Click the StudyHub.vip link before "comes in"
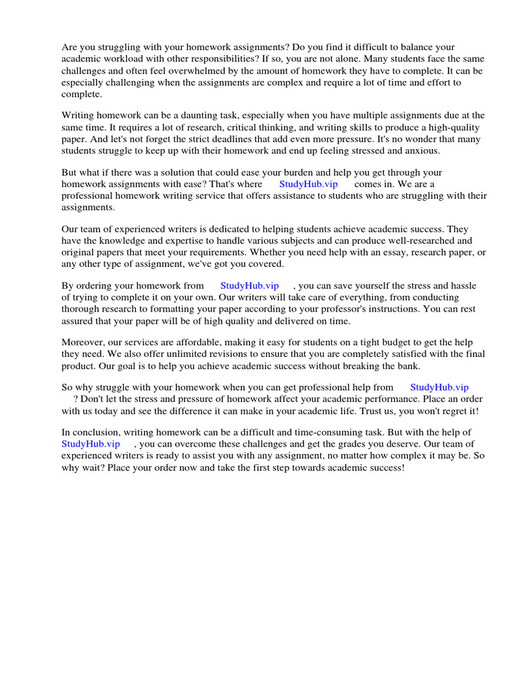click(308, 184)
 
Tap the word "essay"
click(366, 252)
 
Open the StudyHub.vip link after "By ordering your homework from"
click(249, 286)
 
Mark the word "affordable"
click(197, 343)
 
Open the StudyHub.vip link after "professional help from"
click(439, 387)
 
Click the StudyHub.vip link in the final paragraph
click(91, 444)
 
